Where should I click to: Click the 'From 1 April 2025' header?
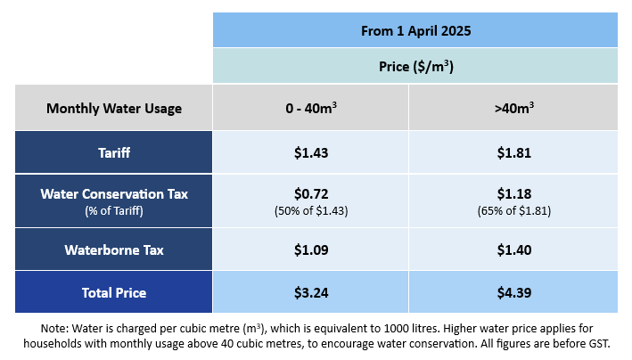(415, 30)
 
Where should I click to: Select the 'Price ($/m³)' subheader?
(415, 66)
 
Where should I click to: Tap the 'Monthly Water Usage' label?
(114, 109)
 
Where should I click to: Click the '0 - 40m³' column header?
(311, 109)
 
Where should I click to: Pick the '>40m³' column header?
(513, 109)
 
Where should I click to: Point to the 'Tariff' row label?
(114, 152)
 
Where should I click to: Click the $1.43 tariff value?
(311, 152)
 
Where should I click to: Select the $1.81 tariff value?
(513, 152)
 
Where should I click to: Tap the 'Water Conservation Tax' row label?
(114, 193)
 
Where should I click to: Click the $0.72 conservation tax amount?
(311, 193)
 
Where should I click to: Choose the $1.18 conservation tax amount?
(513, 193)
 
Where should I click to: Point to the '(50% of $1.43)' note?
(311, 210)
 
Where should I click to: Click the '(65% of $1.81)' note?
(513, 210)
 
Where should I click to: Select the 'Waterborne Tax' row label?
(114, 250)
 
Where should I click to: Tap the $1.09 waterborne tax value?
(311, 250)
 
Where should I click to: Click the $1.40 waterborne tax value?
(513, 250)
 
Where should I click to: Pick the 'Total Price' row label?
(114, 292)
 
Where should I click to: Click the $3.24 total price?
(311, 292)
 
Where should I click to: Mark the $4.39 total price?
(513, 292)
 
